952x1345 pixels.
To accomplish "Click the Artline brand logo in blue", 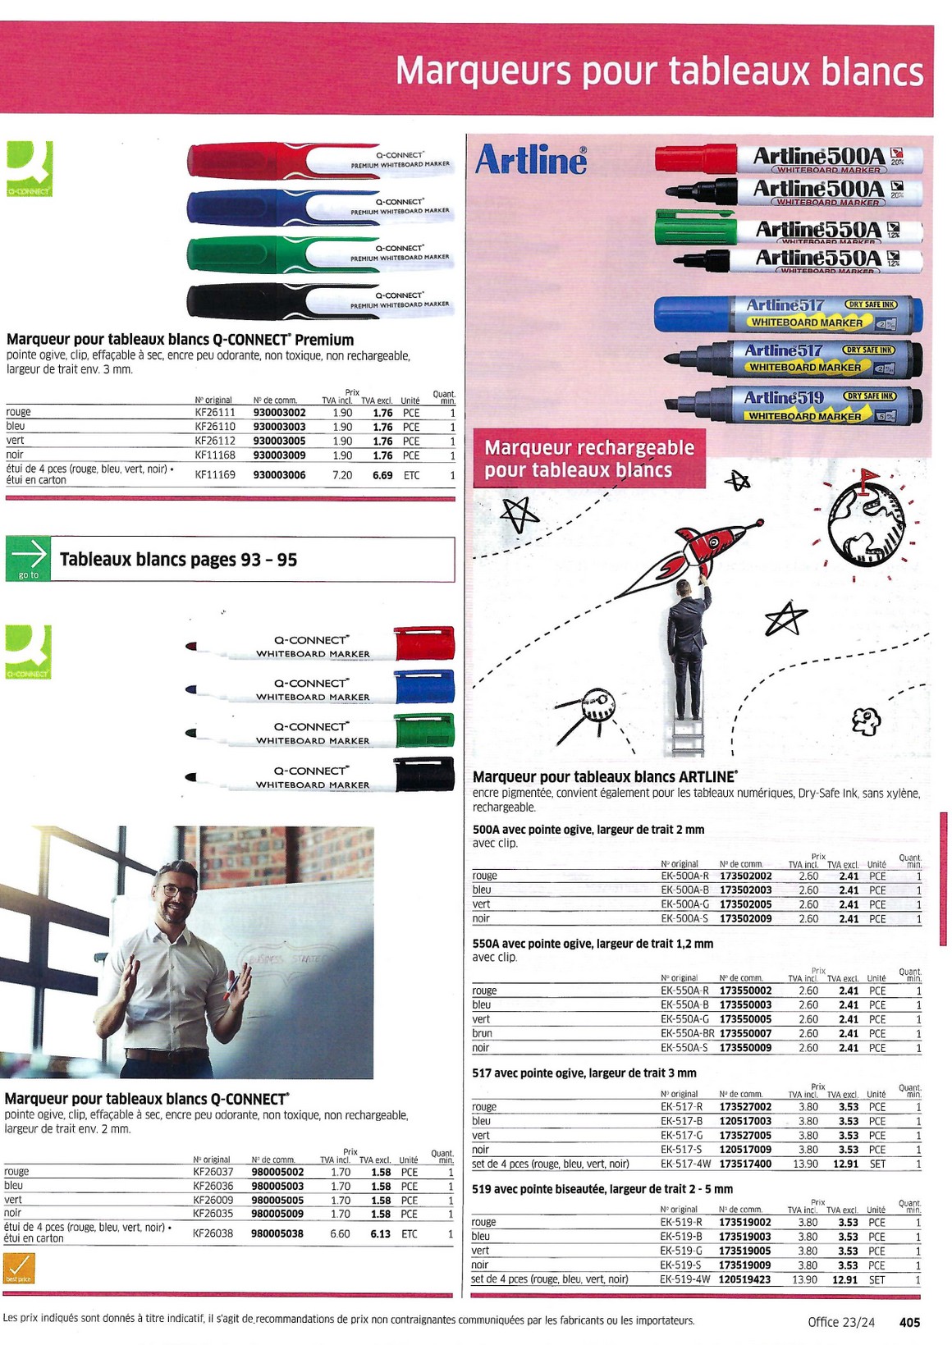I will [x=531, y=160].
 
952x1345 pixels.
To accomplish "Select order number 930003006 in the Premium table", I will [x=279, y=475].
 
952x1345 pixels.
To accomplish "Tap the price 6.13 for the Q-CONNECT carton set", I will [x=380, y=1233].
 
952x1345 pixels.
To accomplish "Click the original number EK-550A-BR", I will [x=687, y=1033].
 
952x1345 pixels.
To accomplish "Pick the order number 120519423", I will [x=745, y=1279].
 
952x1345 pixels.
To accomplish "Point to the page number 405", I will [x=909, y=1322].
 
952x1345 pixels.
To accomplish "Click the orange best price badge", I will [x=19, y=1268].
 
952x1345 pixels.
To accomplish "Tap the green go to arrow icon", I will [x=28, y=559].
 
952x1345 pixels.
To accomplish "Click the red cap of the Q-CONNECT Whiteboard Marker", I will [x=424, y=643].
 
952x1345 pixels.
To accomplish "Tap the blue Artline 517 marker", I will [x=787, y=314].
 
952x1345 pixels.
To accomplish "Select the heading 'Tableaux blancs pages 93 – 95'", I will [x=178, y=560].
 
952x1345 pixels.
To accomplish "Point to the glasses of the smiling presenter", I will [x=178, y=890].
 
